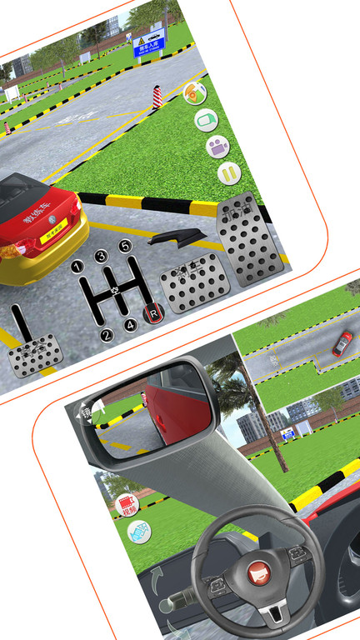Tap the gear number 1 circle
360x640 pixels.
click(x=77, y=267)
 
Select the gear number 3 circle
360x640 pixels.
click(x=101, y=257)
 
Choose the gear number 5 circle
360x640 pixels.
click(x=125, y=246)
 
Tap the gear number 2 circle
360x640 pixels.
click(x=107, y=336)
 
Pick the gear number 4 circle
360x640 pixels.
click(x=131, y=325)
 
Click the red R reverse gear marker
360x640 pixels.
click(x=153, y=313)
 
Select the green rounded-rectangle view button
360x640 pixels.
click(x=206, y=120)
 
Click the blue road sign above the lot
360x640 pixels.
click(x=149, y=42)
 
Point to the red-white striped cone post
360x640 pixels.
click(x=157, y=97)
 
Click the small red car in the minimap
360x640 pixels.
click(x=342, y=342)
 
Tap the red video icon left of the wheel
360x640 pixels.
click(x=126, y=504)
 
